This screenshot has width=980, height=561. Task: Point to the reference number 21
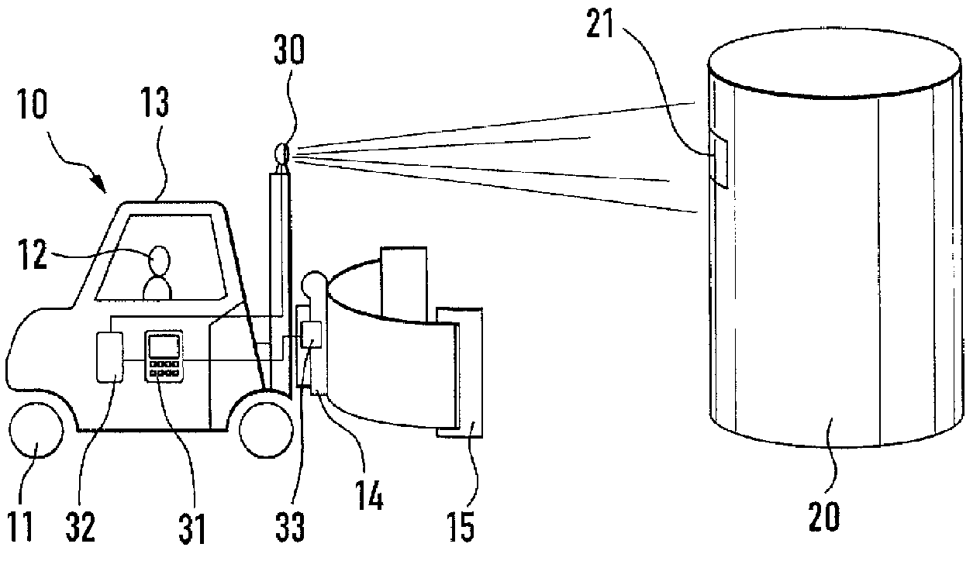click(x=599, y=26)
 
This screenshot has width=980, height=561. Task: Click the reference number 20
click(x=823, y=515)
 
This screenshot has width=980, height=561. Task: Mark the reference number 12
click(x=33, y=256)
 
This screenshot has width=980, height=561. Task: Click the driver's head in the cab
click(x=160, y=260)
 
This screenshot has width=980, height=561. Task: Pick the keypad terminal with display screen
click(x=164, y=355)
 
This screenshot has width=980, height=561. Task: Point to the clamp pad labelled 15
click(x=461, y=371)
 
